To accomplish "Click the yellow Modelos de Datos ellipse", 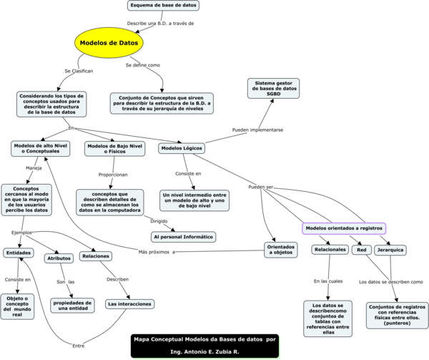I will (x=109, y=43).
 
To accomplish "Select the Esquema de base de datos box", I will (x=163, y=6).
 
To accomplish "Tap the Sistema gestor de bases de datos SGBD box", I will (x=273, y=89).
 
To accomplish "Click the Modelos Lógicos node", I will (x=182, y=148).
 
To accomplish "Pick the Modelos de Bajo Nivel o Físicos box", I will (x=114, y=148).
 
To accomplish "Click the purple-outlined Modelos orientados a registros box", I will (x=344, y=228).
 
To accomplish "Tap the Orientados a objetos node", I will (x=280, y=250).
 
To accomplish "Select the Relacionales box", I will (x=330, y=250).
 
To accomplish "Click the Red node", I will (x=362, y=250).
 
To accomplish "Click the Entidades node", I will (x=18, y=253).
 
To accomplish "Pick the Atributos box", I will (x=59, y=258).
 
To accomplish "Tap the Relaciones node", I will (x=95, y=256).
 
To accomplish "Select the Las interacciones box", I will (x=129, y=303).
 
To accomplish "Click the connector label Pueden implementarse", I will (x=258, y=130).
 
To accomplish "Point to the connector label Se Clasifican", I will (x=79, y=71).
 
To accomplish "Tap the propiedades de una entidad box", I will (x=72, y=305).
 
